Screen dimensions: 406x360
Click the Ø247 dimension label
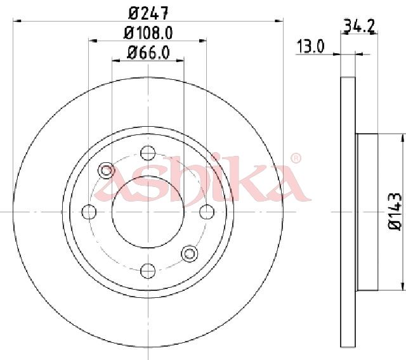coord(148,13)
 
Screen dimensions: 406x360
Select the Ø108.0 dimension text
coord(148,33)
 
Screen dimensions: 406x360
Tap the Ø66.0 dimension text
coord(148,53)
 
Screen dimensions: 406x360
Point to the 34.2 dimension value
coord(359,26)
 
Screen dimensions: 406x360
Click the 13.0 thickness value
coord(310,46)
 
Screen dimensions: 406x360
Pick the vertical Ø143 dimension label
coord(395,211)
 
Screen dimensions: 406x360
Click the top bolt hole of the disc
coord(148,153)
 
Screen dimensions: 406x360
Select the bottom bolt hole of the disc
coord(148,271)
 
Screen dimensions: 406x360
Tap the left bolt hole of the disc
coord(89,212)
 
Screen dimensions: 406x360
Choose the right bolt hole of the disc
coord(207,212)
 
